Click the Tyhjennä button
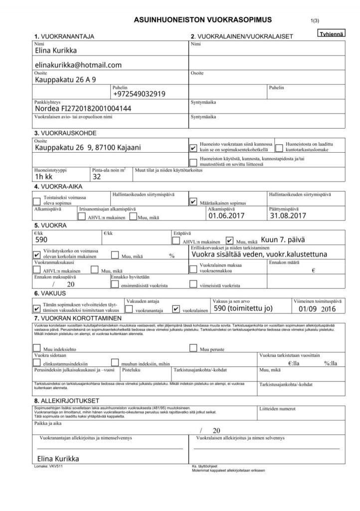click(x=331, y=33)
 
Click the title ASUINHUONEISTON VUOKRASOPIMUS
click(x=202, y=20)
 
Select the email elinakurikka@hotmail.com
click(x=78, y=65)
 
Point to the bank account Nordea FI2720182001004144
click(x=83, y=108)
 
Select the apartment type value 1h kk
click(x=44, y=176)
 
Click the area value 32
click(x=97, y=176)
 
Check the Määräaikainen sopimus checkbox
click(x=194, y=201)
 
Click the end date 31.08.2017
click(x=287, y=216)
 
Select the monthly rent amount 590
click(x=41, y=240)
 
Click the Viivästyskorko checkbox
click(x=36, y=254)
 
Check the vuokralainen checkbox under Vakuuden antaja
click(x=176, y=309)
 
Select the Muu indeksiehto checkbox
click(x=36, y=349)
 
